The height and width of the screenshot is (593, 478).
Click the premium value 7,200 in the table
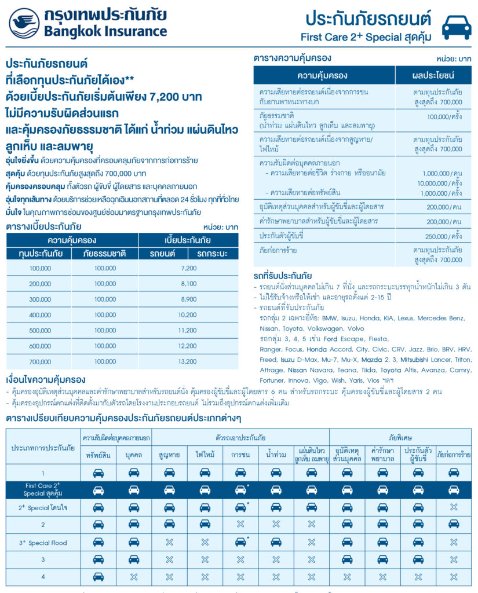point(188,268)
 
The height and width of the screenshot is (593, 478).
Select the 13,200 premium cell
point(188,362)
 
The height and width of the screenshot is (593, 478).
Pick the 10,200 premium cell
point(188,315)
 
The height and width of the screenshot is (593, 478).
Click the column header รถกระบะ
point(213,254)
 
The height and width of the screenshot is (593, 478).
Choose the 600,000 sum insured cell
point(40,346)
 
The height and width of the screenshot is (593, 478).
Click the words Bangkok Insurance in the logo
point(105,31)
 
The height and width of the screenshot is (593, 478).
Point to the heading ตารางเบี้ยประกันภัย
point(43,226)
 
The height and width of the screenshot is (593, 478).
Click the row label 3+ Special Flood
point(43,543)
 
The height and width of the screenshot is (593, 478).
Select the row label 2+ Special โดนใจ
point(43,507)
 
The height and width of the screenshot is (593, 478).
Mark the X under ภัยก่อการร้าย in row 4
point(454,577)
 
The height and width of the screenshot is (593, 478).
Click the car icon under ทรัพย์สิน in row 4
point(98,577)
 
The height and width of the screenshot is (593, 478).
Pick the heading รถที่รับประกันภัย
point(283,276)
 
